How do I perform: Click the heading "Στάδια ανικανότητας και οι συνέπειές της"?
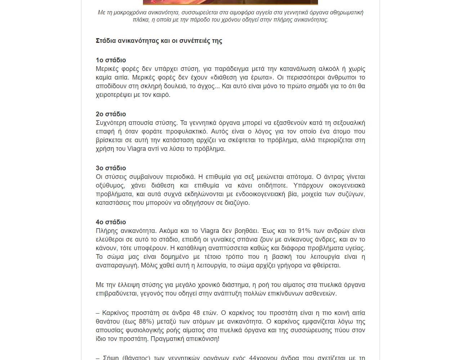pyautogui.click(x=159, y=41)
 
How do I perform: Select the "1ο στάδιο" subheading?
pyautogui.click(x=111, y=60)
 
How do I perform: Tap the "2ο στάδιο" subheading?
pyautogui.click(x=111, y=114)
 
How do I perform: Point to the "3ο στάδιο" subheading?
pyautogui.click(x=111, y=168)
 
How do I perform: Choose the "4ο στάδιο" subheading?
pyautogui.click(x=111, y=222)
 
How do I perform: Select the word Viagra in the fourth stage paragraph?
pyautogui.click(x=210, y=231)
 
